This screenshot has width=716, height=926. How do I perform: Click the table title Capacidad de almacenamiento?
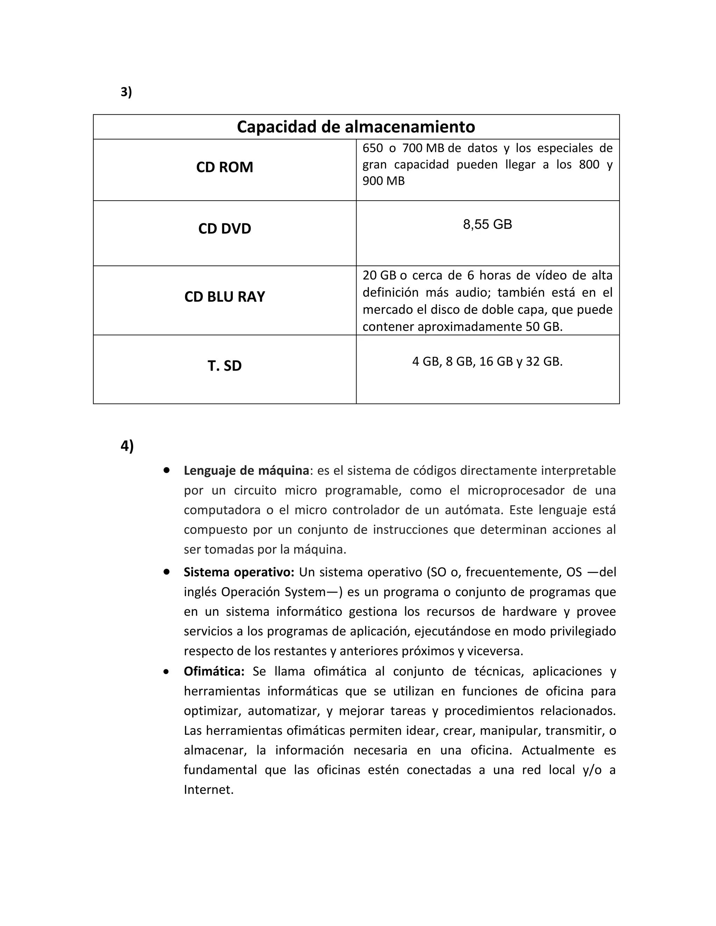click(356, 127)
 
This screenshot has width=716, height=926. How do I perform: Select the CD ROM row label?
click(224, 167)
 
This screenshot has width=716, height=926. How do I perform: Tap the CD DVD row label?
click(224, 229)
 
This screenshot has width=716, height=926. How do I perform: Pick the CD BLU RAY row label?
click(224, 296)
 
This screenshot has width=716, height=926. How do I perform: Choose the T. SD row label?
click(224, 366)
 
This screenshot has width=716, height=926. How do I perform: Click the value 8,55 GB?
click(487, 224)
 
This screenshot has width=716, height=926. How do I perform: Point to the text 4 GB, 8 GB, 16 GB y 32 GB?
click(487, 362)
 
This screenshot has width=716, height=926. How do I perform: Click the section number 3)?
click(126, 92)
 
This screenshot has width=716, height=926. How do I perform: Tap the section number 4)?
click(127, 446)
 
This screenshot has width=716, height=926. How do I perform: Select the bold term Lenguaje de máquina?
click(246, 471)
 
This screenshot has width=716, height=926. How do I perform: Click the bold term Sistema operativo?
click(239, 572)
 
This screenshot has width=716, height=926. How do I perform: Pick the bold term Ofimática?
click(214, 672)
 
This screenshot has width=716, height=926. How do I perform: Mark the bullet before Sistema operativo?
click(166, 572)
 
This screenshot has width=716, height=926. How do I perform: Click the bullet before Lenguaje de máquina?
click(166, 470)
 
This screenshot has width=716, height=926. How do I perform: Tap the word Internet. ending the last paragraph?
click(208, 790)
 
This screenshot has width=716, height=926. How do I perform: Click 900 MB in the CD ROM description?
click(384, 181)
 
